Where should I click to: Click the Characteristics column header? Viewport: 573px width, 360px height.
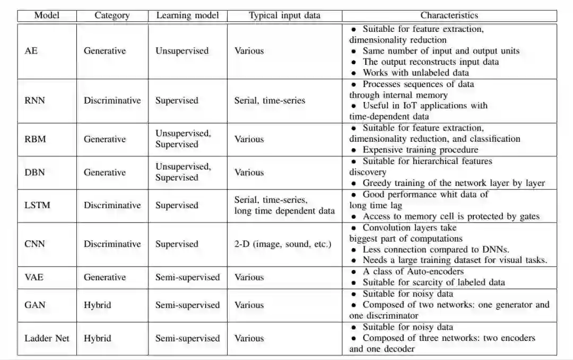coord(449,15)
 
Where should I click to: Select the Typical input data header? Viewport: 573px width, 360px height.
coord(284,15)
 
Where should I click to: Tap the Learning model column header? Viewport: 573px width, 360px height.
coord(188,15)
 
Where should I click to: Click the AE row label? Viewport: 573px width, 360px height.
coord(31,51)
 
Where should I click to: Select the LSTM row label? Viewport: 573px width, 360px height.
coord(38,205)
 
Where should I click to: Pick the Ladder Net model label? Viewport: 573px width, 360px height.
coord(47,338)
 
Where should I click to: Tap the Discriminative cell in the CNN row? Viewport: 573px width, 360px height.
coord(112,244)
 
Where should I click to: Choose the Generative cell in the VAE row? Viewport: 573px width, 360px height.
coord(105,277)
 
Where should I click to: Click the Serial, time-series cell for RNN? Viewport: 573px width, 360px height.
coord(270,100)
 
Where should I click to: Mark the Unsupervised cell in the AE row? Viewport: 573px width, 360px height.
coord(181,51)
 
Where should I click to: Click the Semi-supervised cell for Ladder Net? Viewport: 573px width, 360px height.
coord(187,338)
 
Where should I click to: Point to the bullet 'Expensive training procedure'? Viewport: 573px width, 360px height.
coord(420,150)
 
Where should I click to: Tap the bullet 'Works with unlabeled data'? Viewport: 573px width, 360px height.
coord(415,73)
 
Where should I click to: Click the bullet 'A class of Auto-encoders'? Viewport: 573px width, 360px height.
coord(413,272)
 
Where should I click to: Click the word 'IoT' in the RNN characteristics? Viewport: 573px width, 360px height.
coord(419,106)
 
